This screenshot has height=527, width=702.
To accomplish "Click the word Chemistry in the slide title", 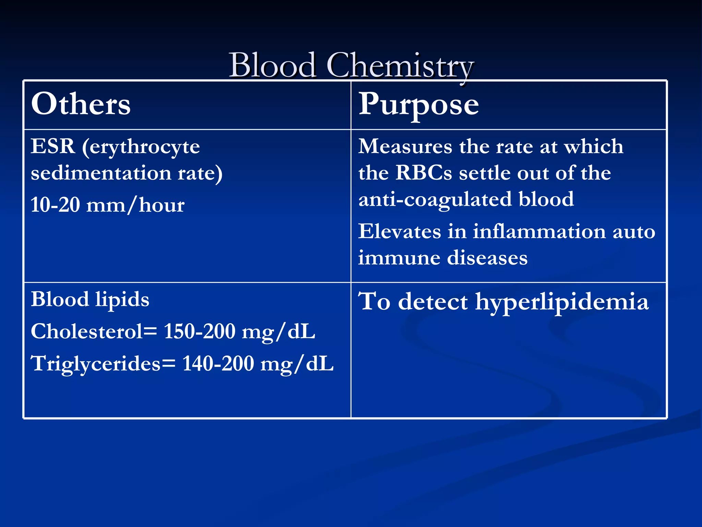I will coord(400,66).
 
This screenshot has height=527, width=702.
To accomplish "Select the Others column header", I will coord(81,104).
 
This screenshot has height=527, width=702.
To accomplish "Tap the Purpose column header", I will coord(418,104).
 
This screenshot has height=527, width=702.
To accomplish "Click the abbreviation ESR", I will coord(53,147).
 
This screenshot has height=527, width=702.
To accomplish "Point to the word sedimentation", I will coord(101,173).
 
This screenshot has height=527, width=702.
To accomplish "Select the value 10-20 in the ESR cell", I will coord(55,205).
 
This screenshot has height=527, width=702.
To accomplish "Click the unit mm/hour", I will coord(135,206).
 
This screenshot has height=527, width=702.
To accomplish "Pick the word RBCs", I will coord(424,173).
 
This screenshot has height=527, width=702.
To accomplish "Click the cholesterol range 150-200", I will coord(199,331).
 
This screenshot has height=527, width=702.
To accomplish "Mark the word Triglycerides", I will coord(96,363).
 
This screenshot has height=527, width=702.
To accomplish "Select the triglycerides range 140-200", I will coord(218,363).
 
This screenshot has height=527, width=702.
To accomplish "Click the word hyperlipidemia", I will coord(562,302).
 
